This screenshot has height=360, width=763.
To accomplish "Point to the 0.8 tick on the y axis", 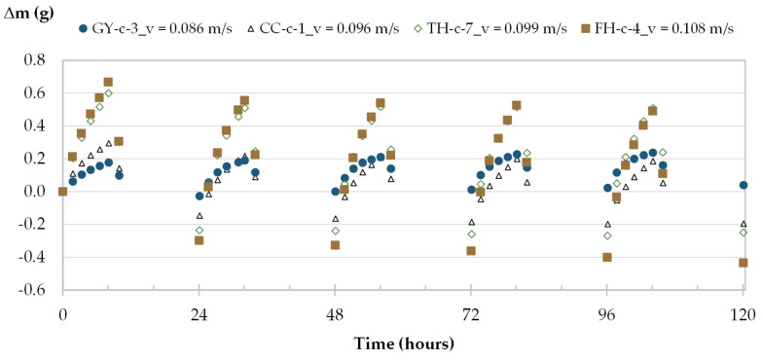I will (36, 59).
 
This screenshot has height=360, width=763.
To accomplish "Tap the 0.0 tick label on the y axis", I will (36, 191).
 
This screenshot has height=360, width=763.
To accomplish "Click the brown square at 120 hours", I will (744, 263).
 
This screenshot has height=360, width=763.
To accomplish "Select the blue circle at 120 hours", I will (744, 185).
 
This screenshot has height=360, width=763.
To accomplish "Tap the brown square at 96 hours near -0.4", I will (607, 257).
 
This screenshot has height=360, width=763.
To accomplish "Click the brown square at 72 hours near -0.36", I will (471, 251).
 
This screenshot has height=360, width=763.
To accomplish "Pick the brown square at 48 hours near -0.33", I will (335, 245).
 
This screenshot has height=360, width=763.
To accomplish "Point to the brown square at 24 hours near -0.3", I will (199, 240).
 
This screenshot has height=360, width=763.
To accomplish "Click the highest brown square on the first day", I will (108, 82).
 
